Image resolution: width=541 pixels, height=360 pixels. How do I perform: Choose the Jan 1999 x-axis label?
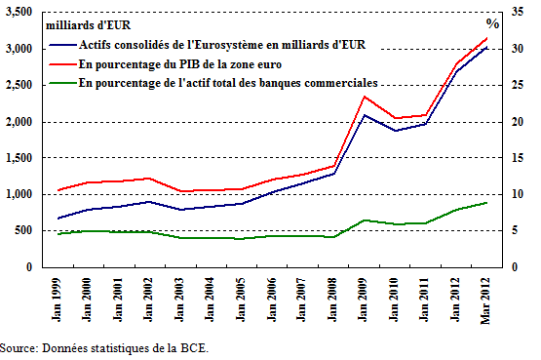pos(58,297)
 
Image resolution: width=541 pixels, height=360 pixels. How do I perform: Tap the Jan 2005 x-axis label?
pos(240,297)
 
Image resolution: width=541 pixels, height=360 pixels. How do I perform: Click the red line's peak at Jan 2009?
pos(364,96)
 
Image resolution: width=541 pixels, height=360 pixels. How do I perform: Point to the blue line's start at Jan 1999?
pos(58,219)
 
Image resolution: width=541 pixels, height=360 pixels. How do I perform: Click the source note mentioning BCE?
pos(104,347)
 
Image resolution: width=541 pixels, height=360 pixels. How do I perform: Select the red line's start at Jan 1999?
pos(58,190)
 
